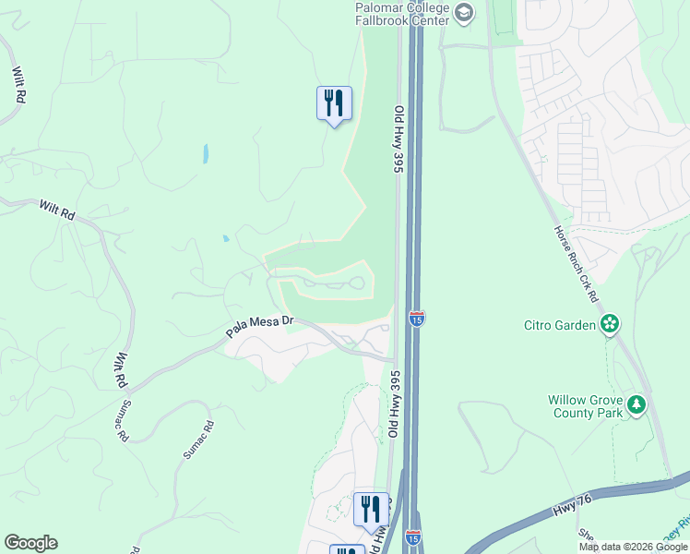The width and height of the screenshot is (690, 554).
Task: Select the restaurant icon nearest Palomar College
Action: pos(333,102)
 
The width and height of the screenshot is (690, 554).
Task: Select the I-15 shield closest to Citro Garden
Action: pos(416,319)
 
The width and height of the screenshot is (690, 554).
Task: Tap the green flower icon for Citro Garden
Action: pos(609,324)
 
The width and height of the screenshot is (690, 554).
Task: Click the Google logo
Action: pos(30,543)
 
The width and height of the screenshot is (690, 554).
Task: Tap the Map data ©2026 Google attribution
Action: pos(633,547)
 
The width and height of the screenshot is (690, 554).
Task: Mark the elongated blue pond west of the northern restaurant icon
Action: pos(205,154)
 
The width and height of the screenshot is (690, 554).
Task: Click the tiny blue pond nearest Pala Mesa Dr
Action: pos(226,239)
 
